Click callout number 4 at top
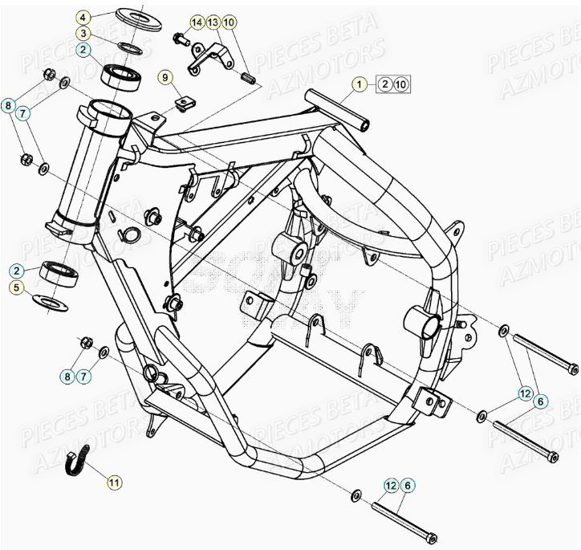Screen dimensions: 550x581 [83, 16]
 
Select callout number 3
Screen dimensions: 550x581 [83, 33]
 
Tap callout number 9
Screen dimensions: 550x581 [165, 78]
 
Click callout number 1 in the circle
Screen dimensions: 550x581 [360, 84]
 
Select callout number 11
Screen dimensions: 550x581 [114, 483]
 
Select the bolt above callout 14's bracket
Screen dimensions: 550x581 [180, 37]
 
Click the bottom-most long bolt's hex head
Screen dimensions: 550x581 [431, 537]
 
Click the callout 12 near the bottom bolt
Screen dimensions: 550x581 [391, 486]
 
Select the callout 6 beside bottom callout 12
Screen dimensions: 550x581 [407, 486]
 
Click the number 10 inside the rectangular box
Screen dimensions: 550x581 [402, 84]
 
